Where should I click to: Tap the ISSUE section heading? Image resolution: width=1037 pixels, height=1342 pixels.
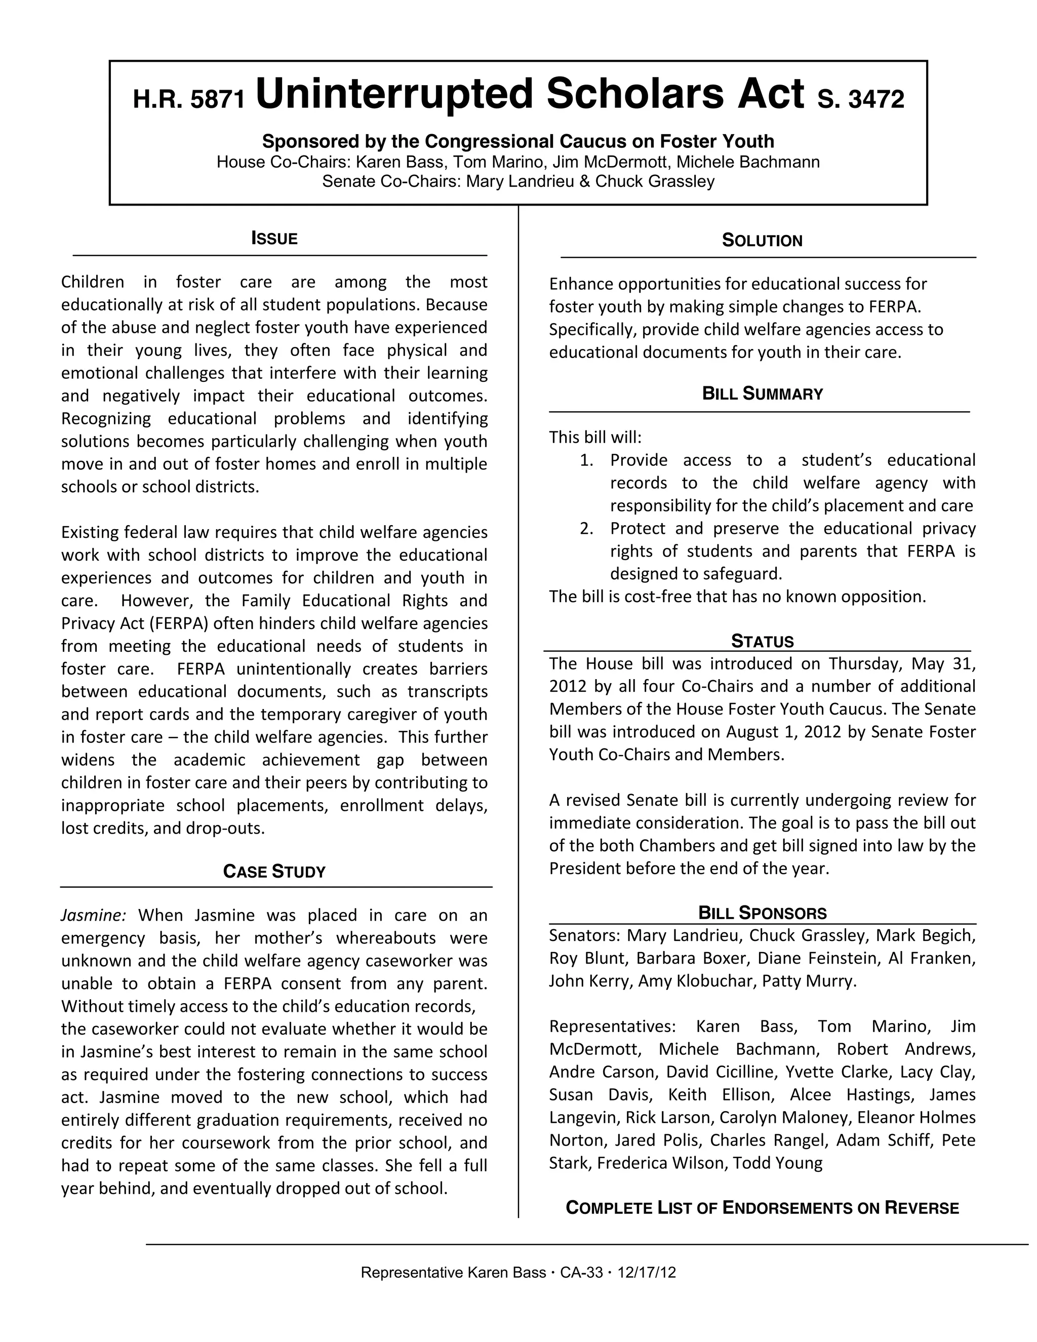click(274, 239)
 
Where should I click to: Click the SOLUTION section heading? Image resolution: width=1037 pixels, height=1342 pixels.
click(762, 240)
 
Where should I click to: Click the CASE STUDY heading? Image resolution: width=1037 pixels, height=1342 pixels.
click(274, 872)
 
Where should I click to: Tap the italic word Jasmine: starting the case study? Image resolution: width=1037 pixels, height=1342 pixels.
click(93, 916)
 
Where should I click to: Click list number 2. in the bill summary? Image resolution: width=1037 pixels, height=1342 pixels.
click(586, 528)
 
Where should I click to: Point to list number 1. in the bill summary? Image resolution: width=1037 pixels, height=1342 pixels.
click(586, 460)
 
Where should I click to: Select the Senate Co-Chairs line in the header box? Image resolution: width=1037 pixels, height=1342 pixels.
click(518, 181)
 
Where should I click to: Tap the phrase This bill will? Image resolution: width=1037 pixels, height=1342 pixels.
click(594, 438)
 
